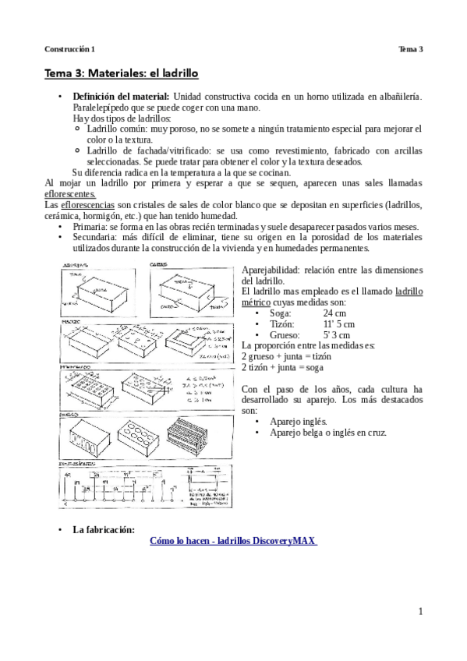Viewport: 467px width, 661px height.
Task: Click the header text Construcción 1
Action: coord(69,48)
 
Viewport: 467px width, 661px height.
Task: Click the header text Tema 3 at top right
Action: coord(410,48)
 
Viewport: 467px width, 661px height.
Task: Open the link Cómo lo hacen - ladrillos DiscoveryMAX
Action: coord(233,541)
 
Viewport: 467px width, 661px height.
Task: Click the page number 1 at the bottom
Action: coord(419,611)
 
